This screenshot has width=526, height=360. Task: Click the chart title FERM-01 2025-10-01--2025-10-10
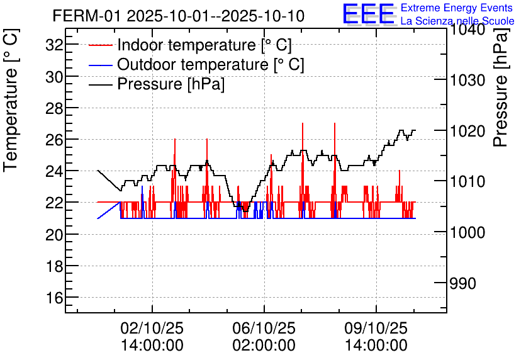pos(179,16)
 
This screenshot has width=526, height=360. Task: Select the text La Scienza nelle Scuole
pos(457,21)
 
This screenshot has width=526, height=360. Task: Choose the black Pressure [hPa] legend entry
pos(171,84)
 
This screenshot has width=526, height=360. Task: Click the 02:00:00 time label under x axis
pos(264,345)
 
